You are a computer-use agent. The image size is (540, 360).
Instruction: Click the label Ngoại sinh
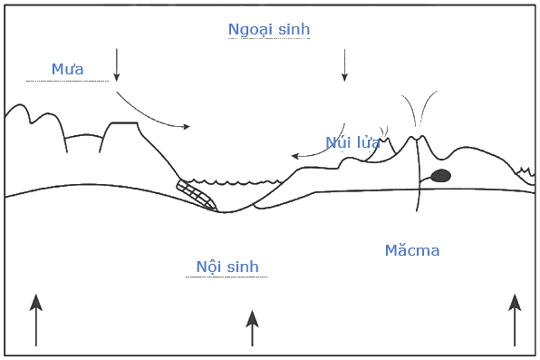coord(269,30)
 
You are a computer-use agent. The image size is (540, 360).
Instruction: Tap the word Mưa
coord(67,69)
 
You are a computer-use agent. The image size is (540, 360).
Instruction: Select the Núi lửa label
coord(352,142)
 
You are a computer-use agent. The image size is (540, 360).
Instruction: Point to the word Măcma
coord(412,250)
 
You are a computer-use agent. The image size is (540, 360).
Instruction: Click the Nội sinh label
coord(227,267)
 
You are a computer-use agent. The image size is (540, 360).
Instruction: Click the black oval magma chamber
coord(441,176)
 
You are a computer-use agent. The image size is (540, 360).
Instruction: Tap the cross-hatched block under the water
coord(197,195)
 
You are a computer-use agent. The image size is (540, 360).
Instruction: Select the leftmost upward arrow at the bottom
coord(36,320)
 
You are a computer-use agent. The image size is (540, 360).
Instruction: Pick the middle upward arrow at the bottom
coord(252,328)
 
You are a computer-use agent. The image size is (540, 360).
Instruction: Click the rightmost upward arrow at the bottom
coord(515,320)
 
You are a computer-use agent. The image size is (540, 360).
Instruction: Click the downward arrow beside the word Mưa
coord(116,64)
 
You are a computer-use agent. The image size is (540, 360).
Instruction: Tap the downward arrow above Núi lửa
coord(344,65)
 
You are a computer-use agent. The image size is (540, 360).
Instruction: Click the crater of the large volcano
coord(418,138)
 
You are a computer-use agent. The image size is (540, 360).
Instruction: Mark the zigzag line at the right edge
coord(526,171)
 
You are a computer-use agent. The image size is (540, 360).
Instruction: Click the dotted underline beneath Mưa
coord(67,82)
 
